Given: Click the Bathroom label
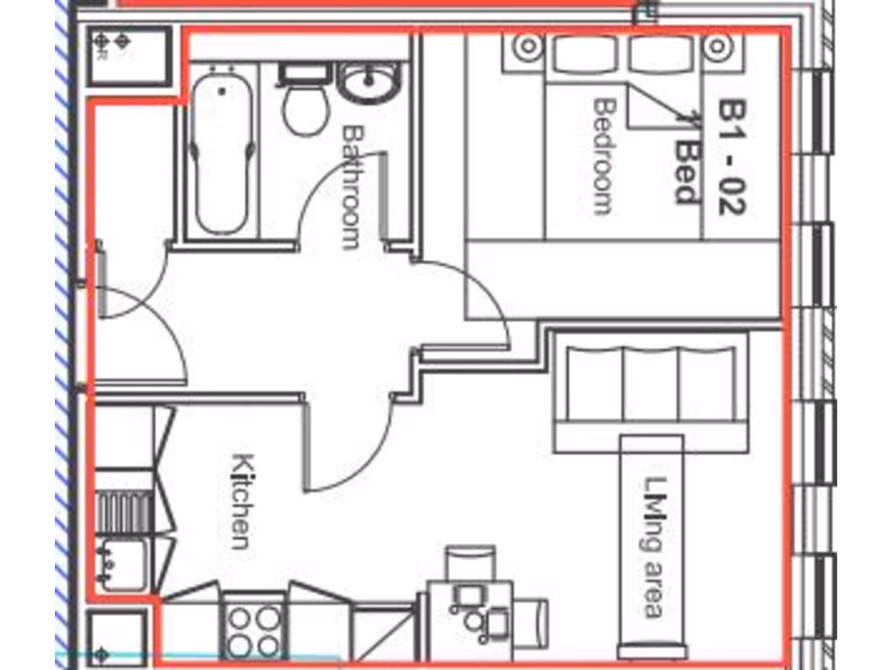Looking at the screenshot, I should [351, 187].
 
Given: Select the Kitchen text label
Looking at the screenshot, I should [242, 501].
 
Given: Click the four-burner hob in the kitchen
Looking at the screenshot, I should [254, 630].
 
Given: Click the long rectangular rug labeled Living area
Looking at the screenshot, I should [652, 545].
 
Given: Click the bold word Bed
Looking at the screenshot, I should [688, 172].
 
